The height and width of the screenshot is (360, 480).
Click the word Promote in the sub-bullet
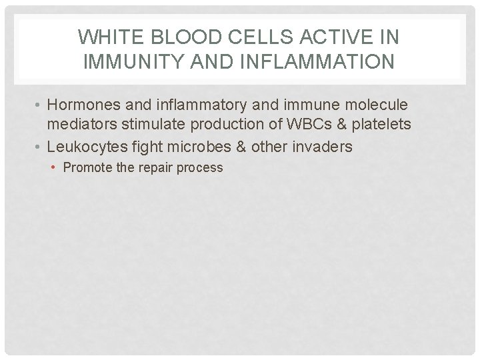[x=87, y=167]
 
